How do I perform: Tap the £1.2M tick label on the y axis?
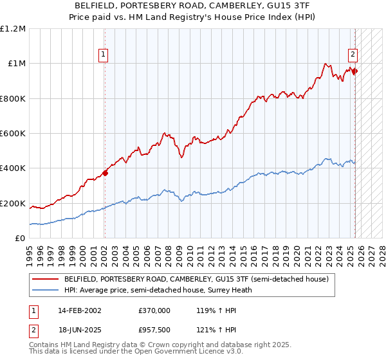tap(13, 29)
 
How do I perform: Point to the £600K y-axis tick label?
tap(13, 134)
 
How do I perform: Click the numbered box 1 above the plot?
tap(104, 55)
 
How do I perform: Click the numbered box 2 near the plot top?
tap(353, 55)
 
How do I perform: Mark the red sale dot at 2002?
tap(105, 173)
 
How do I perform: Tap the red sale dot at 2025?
tap(355, 71)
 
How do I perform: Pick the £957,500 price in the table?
tap(154, 330)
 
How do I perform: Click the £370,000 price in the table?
tap(154, 310)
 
